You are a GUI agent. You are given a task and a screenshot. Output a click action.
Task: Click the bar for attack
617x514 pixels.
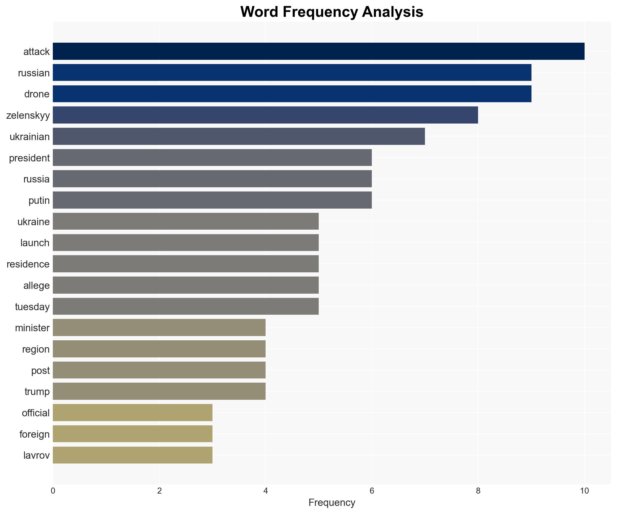[318, 51]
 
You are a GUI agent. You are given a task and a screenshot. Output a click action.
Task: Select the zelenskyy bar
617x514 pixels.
[265, 115]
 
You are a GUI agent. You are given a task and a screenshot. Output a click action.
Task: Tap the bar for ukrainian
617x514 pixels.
[239, 136]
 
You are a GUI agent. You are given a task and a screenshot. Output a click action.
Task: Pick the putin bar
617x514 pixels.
[212, 200]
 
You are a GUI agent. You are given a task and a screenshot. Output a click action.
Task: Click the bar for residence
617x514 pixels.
[185, 264]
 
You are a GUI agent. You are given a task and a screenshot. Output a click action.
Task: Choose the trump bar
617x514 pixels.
[159, 391]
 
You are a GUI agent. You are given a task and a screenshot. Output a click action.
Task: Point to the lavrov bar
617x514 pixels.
[132, 455]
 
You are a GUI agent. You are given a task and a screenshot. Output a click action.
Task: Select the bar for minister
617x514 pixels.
[159, 328]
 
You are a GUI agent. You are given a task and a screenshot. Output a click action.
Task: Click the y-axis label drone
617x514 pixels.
[37, 94]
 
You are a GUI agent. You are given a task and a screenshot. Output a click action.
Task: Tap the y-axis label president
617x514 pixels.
[29, 158]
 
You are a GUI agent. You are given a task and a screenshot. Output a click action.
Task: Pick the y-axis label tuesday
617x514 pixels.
[32, 307]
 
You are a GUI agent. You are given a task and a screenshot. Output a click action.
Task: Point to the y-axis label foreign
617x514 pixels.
[34, 434]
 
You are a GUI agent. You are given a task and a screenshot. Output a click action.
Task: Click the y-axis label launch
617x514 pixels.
[35, 243]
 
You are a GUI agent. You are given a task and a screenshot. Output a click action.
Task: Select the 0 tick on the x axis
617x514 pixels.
[53, 491]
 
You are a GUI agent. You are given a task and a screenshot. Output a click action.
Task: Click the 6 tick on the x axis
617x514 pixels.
[372, 491]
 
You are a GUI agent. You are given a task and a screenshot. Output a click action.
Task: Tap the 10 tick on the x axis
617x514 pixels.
[584, 491]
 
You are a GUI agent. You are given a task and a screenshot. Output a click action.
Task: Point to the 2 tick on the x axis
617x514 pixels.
[159, 491]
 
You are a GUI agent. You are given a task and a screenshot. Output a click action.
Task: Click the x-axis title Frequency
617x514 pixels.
[332, 503]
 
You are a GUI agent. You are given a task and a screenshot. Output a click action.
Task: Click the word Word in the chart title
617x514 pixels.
[259, 12]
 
